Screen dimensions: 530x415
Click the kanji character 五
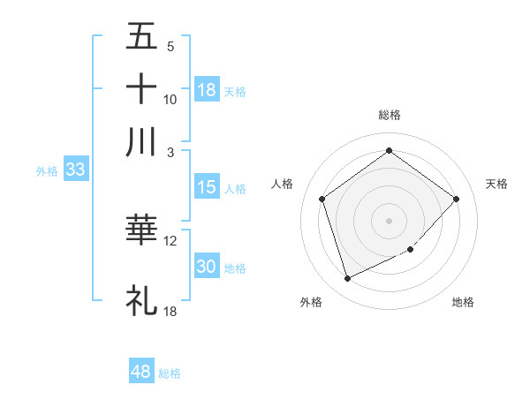pos(141,38)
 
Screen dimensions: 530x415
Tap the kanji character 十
pos(141,89)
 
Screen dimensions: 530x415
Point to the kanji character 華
pos(141,230)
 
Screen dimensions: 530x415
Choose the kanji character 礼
pos(141,299)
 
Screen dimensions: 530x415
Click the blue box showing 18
pos(207,90)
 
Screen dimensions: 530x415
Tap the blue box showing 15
pos(207,187)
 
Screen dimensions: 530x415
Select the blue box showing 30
pos(207,267)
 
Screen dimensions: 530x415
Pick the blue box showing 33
pos(74,170)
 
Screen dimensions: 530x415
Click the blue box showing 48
pos(141,372)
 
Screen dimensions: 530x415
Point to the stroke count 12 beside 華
pos(170,240)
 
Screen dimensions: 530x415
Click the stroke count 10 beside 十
pos(170,99)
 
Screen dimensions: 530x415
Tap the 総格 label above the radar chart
pos(389,115)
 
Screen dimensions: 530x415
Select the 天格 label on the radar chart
pos(496,184)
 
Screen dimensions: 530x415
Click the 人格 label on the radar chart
pos(283,184)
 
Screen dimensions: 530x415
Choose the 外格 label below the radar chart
pos(311,302)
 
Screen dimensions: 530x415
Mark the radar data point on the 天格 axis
pos(456,199)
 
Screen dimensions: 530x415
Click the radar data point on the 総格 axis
pos(389,151)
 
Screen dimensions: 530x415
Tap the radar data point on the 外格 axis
pos(347,279)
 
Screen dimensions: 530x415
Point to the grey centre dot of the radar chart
pos(389,220)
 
